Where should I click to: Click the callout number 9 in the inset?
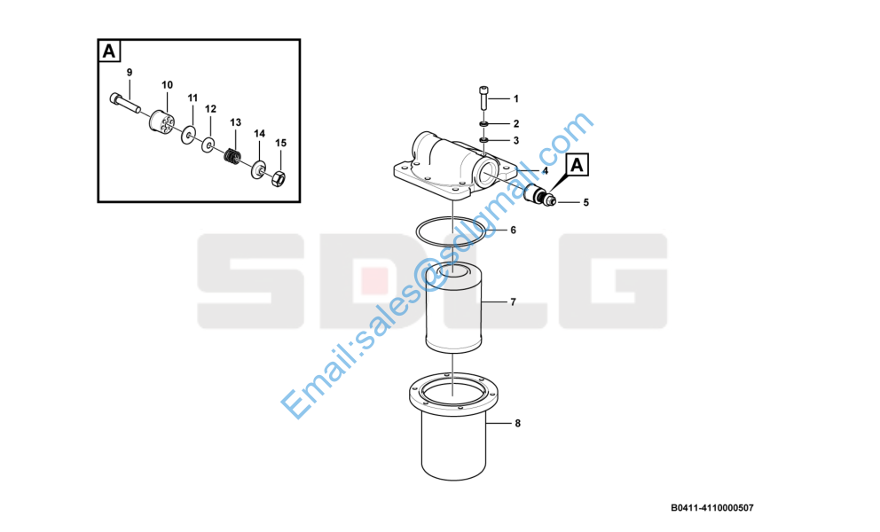[x=130, y=73]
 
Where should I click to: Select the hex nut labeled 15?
[x=279, y=179]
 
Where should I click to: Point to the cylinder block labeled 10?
[x=162, y=121]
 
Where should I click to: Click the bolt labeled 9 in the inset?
[x=124, y=103]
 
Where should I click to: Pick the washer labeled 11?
[x=188, y=135]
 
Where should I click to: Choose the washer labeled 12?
[x=208, y=145]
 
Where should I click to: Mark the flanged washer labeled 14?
[x=259, y=168]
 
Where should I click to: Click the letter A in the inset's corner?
[x=109, y=51]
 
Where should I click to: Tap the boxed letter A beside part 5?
[x=577, y=166]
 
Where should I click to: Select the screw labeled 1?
[x=484, y=98]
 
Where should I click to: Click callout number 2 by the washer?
[x=516, y=123]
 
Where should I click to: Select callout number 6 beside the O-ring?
[x=513, y=230]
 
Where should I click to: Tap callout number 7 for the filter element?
[x=513, y=302]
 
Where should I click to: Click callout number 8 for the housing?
[x=517, y=423]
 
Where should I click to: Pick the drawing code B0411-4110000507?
[x=712, y=508]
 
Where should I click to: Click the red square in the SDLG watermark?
[x=374, y=281]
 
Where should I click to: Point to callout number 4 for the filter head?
[x=545, y=170]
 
